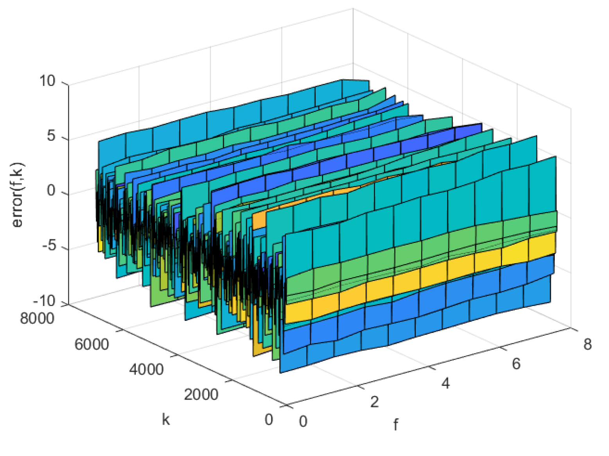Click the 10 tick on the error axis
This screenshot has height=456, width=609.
click(x=47, y=81)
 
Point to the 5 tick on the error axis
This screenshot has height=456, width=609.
click(x=51, y=136)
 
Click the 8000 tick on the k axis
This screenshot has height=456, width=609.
click(x=37, y=318)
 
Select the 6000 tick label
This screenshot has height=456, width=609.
click(x=92, y=344)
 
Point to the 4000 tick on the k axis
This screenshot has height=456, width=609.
click(x=146, y=369)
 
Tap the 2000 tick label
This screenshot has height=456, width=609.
click(x=201, y=394)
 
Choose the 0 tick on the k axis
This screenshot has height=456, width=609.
click(x=269, y=420)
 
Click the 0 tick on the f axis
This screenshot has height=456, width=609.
click(x=303, y=422)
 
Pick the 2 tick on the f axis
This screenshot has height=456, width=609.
click(x=374, y=402)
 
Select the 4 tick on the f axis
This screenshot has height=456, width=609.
click(x=446, y=383)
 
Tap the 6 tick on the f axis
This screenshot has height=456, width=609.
click(x=516, y=364)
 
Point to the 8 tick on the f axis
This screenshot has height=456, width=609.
click(x=587, y=344)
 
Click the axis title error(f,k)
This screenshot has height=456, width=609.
click(x=18, y=195)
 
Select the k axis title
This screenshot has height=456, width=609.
click(x=166, y=419)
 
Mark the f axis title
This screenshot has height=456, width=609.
click(x=396, y=424)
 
